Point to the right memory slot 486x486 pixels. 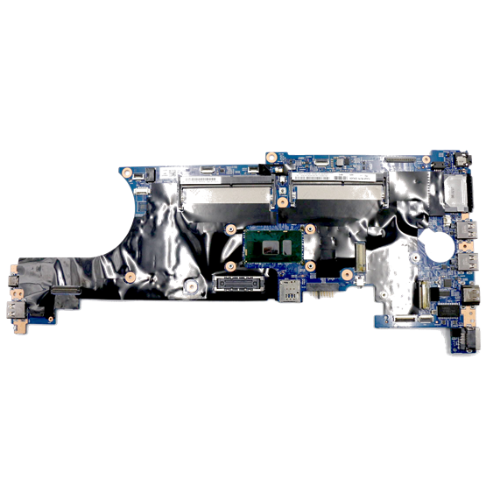coord(337,186)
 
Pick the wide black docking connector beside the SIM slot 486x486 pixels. coord(237,282)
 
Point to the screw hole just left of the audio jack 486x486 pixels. coord(426,160)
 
